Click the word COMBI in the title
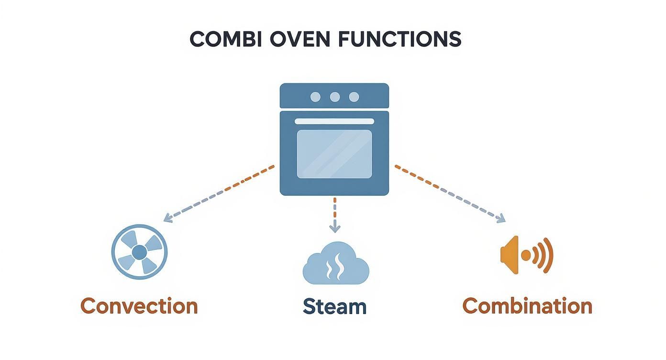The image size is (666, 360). [x=225, y=39]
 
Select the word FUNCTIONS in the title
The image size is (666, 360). [x=400, y=39]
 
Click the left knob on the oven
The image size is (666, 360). [x=316, y=97]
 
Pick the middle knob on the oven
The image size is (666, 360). [x=334, y=97]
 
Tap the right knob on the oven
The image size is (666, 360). [x=354, y=97]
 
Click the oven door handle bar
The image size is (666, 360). [x=334, y=122]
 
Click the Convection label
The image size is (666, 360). [x=139, y=306]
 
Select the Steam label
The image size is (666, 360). [x=334, y=306]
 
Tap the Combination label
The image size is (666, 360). [x=527, y=306]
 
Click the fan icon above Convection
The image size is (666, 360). [x=139, y=252]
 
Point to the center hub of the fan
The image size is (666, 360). [x=139, y=252]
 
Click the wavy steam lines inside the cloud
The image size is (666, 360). [x=334, y=267]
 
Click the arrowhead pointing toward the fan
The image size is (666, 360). [x=167, y=219]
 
